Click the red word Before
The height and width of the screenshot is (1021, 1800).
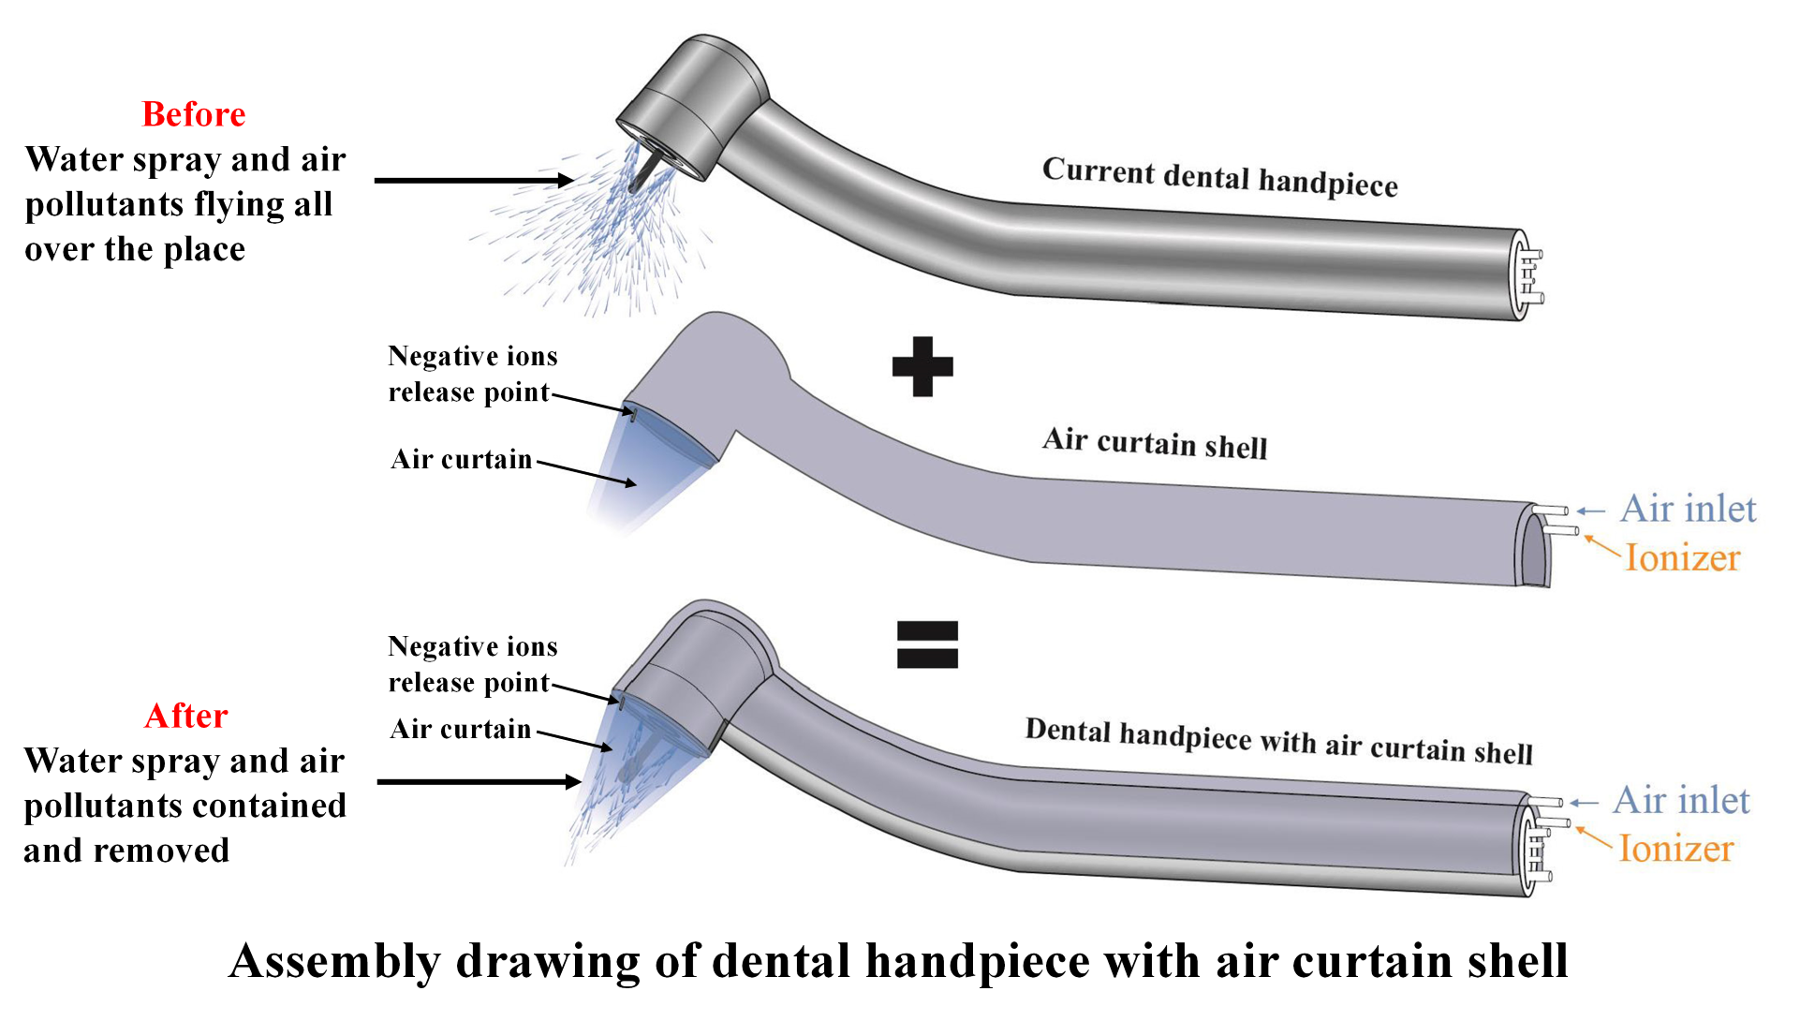point(194,114)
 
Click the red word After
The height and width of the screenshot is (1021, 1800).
point(186,716)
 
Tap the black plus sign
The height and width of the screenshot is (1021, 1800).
point(922,366)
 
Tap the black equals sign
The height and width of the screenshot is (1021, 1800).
point(927,644)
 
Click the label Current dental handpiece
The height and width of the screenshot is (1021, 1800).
point(1219,177)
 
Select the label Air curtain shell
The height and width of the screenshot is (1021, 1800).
point(1155,443)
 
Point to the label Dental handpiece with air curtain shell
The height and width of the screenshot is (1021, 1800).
point(1278,741)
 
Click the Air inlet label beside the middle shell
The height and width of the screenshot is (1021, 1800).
point(1688,509)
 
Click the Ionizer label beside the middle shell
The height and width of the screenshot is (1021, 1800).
point(1682,557)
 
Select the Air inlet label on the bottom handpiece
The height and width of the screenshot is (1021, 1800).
point(1681,801)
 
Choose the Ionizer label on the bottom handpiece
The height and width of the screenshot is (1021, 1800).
point(1676,849)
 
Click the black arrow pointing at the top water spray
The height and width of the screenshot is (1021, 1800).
point(473,180)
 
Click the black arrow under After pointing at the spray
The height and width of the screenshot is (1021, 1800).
point(478,781)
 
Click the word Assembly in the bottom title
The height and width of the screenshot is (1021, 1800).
point(334,961)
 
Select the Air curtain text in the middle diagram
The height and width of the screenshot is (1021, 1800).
point(461,459)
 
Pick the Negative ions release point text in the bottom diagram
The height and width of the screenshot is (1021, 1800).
point(472,664)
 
